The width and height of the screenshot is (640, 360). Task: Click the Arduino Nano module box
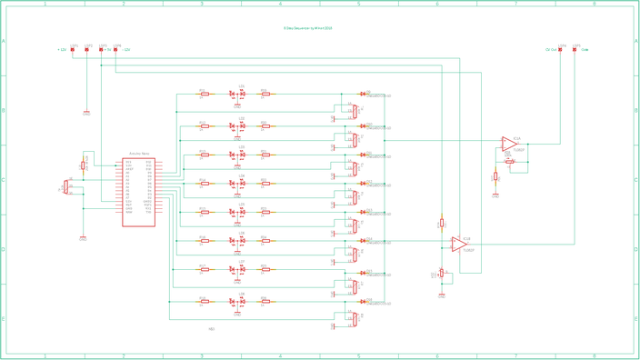[x=138, y=192]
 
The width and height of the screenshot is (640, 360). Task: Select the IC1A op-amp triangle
[x=509, y=144]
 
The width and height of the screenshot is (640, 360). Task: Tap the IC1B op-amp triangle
[x=460, y=245]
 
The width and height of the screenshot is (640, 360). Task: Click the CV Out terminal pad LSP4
[x=561, y=50]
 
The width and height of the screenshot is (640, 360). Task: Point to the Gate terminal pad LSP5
[x=575, y=50]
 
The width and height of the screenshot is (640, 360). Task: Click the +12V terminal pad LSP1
[x=73, y=50]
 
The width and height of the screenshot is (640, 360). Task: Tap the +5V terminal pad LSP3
[x=101, y=50]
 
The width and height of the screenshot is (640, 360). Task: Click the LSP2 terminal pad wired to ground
[x=87, y=50]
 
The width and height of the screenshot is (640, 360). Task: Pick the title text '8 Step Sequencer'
[x=307, y=28]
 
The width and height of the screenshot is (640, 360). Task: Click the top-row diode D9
[x=363, y=94]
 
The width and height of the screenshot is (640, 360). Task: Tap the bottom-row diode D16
[x=363, y=301]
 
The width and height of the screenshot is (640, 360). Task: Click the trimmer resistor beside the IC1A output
[x=510, y=162]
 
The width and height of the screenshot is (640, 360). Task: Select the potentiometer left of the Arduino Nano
[x=65, y=186]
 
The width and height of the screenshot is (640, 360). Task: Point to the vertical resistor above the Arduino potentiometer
[x=83, y=165]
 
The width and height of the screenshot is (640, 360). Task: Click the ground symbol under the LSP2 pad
[x=86, y=112]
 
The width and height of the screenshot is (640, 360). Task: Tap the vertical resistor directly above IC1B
[x=442, y=223]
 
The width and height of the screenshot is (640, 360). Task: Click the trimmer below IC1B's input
[x=442, y=273]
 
